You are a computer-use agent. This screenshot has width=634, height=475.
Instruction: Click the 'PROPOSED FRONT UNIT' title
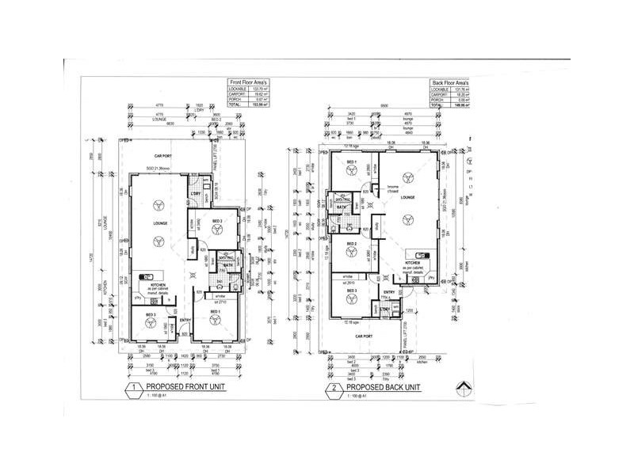pos(181,387)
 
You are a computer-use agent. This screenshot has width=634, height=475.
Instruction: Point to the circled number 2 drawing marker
pos(335,388)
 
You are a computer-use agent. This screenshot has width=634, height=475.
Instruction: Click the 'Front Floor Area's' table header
pos(250,82)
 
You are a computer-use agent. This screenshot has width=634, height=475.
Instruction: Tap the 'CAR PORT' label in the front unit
pos(164,156)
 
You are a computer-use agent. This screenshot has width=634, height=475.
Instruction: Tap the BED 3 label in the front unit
pos(149,315)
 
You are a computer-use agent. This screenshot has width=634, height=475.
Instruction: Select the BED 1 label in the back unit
pos(348,161)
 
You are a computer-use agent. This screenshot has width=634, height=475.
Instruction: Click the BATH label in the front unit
pos(226,265)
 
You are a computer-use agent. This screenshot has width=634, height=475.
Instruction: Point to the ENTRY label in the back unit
pos(389,292)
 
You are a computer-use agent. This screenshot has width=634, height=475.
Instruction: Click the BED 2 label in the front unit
pos(216,220)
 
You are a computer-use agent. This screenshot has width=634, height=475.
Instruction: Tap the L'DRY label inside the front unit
pos(195,195)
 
